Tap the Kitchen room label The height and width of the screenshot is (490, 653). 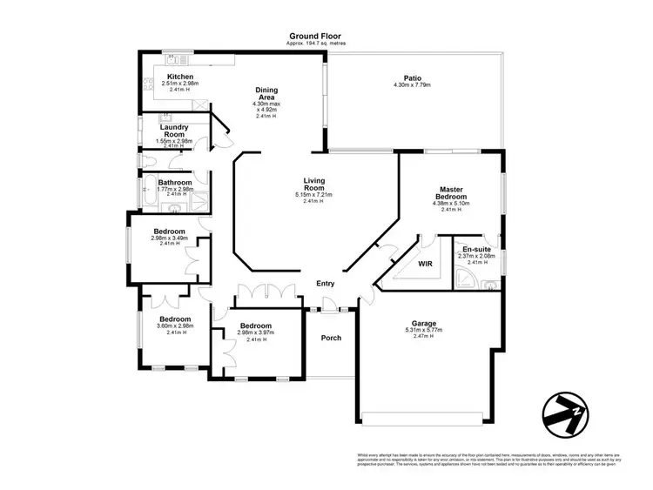[180, 77]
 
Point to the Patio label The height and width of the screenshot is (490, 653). [413, 77]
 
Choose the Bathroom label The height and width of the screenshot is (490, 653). [175, 183]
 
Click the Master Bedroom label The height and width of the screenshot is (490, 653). [450, 192]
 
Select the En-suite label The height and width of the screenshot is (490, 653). [476, 249]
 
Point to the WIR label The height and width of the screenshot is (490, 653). [426, 262]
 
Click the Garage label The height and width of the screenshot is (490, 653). [424, 323]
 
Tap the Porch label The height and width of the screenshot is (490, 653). [331, 338]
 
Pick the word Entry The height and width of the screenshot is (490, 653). [325, 283]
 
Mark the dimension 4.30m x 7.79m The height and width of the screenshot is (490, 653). [413, 84]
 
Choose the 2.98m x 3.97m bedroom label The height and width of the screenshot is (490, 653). [256, 332]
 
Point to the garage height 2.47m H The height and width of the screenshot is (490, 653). [424, 336]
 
